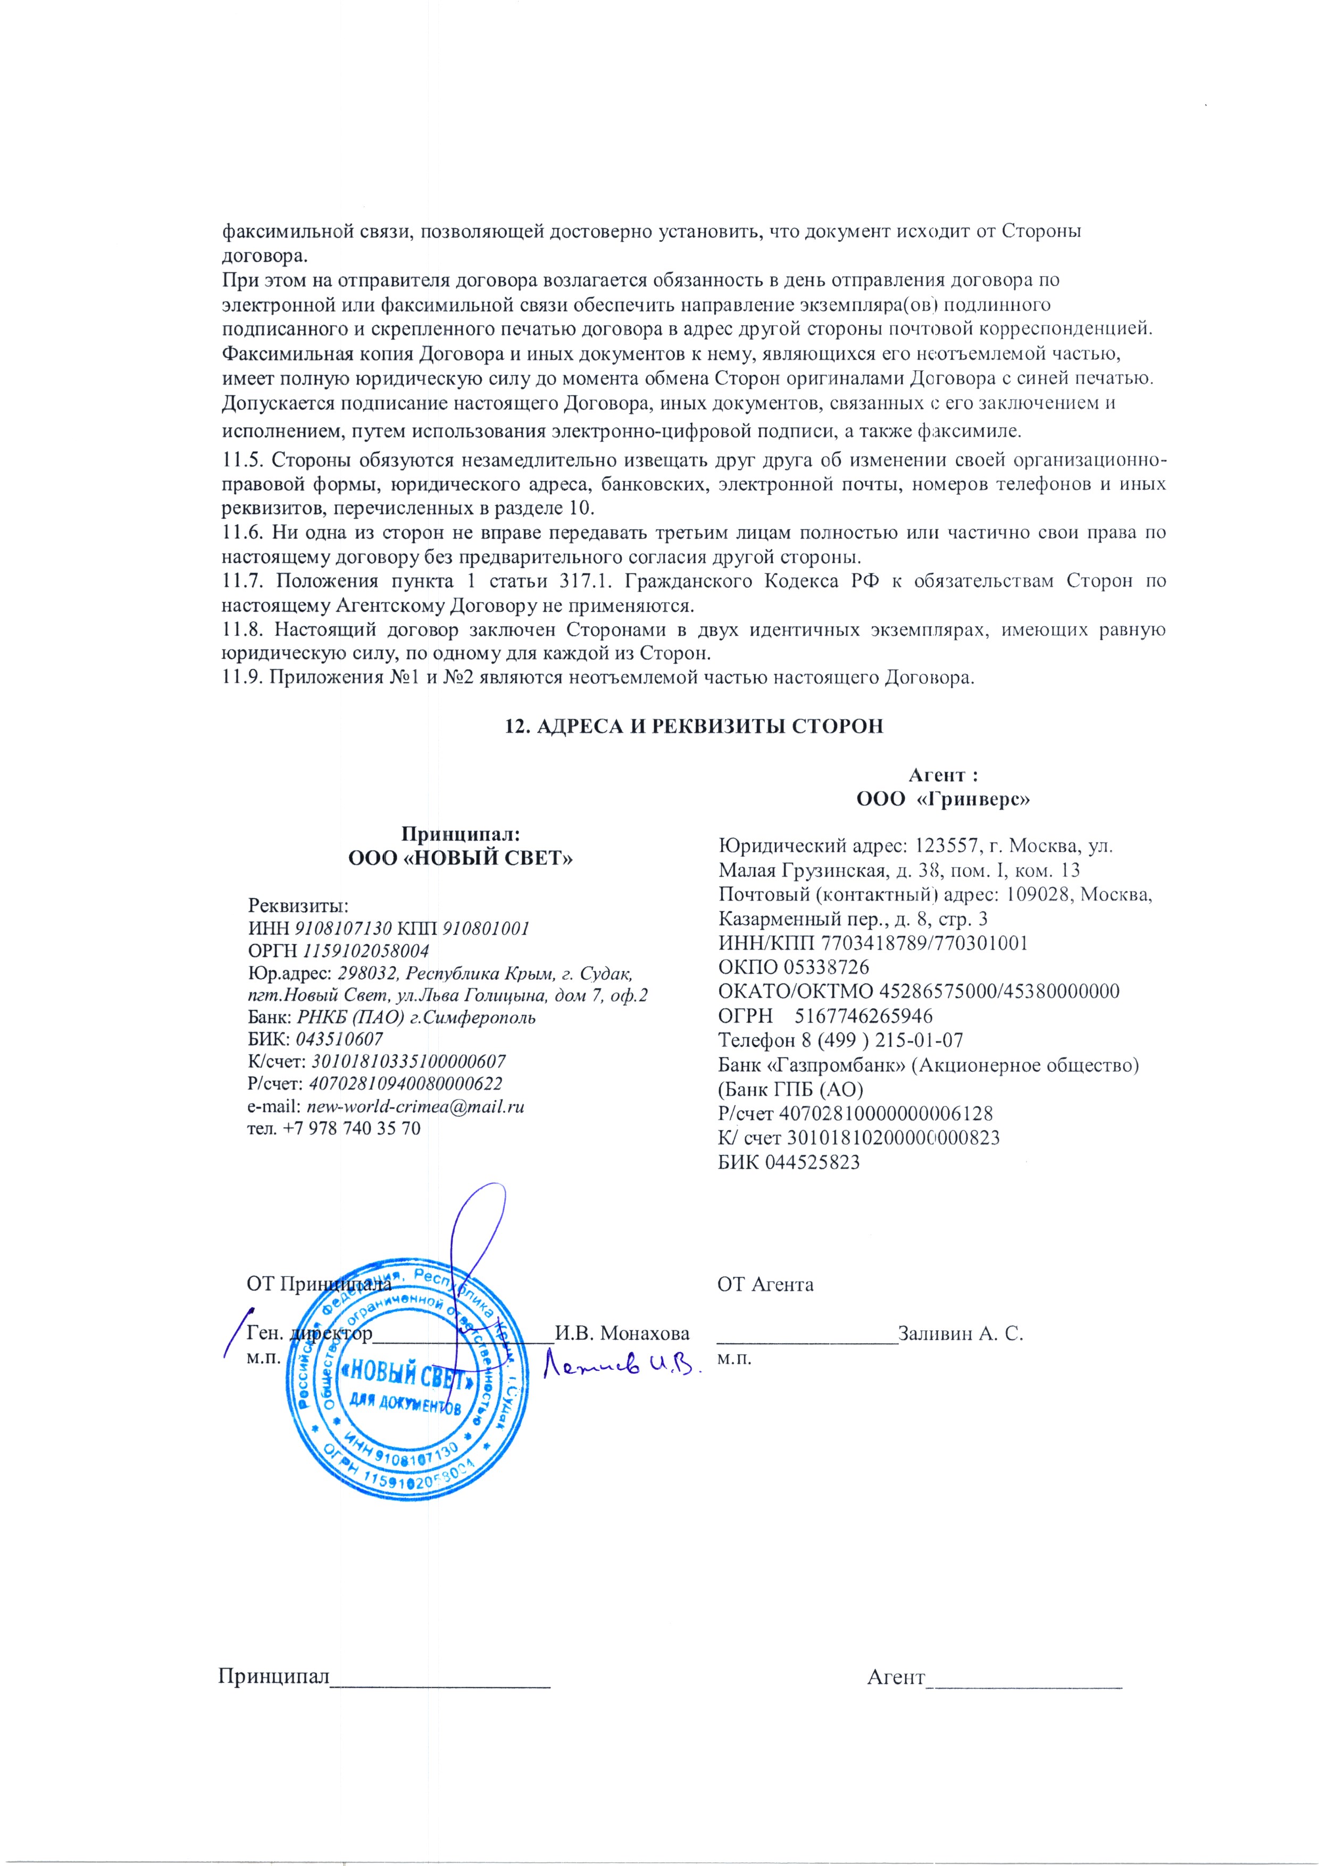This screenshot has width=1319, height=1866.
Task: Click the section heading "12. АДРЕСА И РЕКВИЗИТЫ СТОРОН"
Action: point(694,726)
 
